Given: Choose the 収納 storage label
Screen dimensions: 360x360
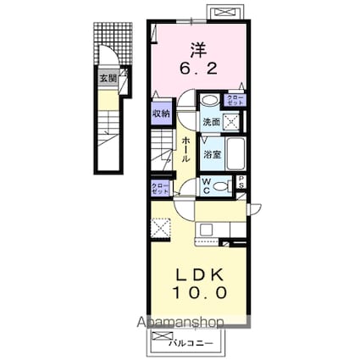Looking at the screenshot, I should (161, 113).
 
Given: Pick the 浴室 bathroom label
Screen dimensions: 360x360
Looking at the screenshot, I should (211, 154).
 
